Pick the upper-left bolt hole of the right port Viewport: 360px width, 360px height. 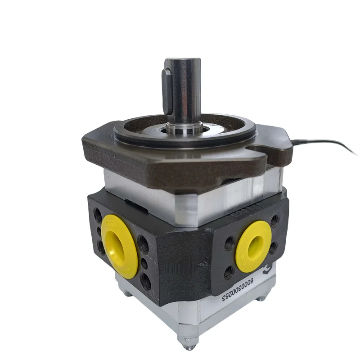point(229,243)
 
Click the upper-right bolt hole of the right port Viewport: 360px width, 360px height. point(274,220)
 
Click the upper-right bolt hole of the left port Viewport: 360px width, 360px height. point(143,243)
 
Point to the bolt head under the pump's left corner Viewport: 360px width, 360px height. point(127,294)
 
